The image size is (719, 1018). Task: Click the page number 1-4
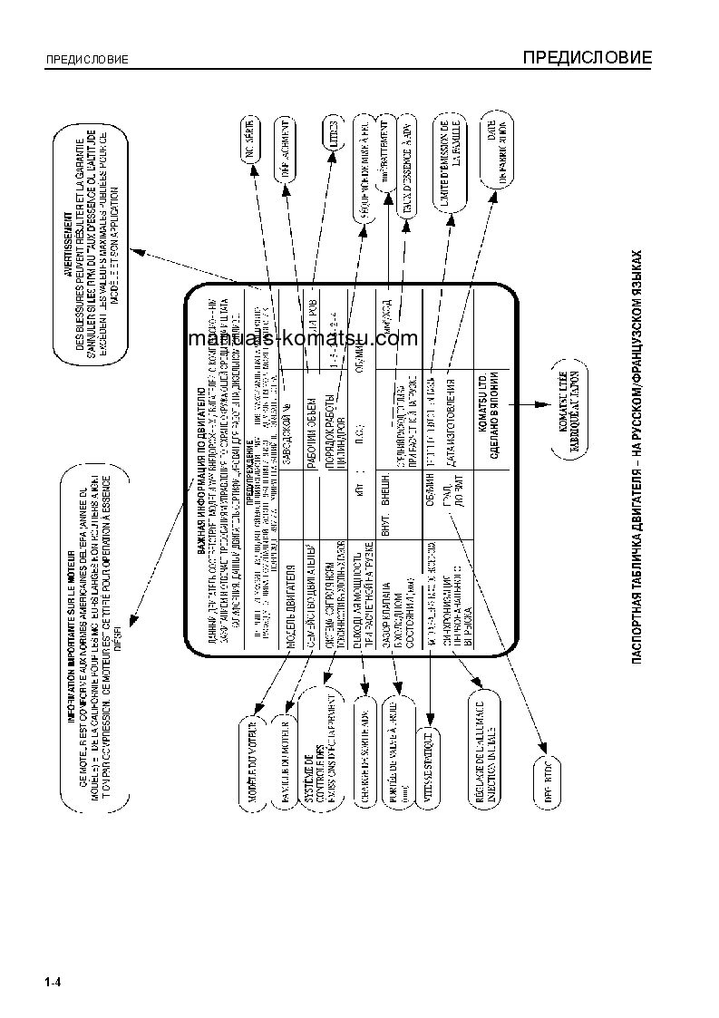[52, 983]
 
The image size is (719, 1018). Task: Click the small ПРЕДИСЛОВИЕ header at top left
[87, 61]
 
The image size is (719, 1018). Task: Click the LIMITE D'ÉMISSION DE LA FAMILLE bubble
[450, 155]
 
